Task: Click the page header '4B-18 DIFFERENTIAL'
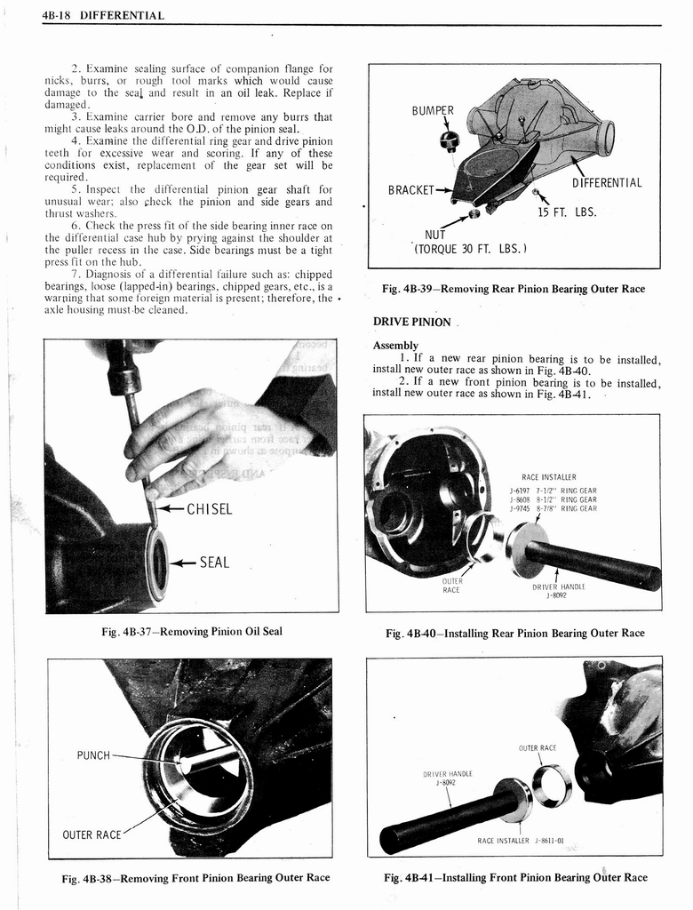pyautogui.click(x=103, y=15)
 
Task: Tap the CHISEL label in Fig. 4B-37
pyautogui.click(x=209, y=509)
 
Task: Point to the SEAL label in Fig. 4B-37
pyautogui.click(x=214, y=562)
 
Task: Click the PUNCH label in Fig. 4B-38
pyautogui.click(x=93, y=755)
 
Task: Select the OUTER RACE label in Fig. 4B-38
pyautogui.click(x=92, y=834)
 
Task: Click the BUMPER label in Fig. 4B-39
pyautogui.click(x=433, y=111)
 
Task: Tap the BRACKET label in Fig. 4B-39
pyautogui.click(x=410, y=189)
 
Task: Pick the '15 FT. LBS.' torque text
pyautogui.click(x=567, y=212)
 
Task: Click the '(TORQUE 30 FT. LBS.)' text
pyautogui.click(x=471, y=249)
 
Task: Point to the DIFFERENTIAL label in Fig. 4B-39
pyautogui.click(x=607, y=184)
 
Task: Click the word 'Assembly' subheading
pyautogui.click(x=396, y=345)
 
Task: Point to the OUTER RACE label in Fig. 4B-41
pyautogui.click(x=538, y=747)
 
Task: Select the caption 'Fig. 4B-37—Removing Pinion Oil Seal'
pyautogui.click(x=192, y=632)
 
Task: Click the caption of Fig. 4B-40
pyautogui.click(x=515, y=633)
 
